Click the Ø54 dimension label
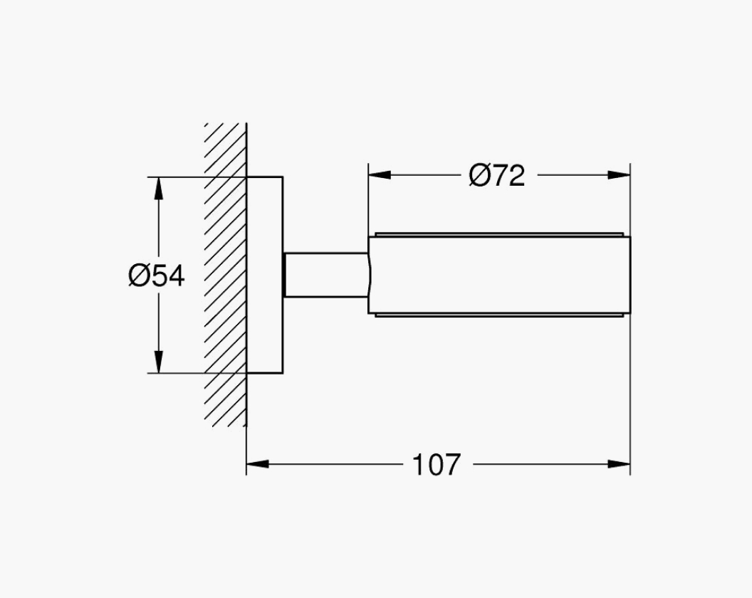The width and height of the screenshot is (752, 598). [157, 276]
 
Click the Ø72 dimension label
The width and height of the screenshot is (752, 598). [497, 175]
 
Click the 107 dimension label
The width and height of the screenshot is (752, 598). [437, 464]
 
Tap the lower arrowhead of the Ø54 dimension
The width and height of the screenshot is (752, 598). [159, 362]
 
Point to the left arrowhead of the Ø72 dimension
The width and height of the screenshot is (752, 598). [380, 175]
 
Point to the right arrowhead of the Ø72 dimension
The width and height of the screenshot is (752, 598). [619, 175]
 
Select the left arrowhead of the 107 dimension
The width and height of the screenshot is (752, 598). [258, 463]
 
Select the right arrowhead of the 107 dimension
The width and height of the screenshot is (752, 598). [619, 463]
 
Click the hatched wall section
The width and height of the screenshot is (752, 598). [226, 274]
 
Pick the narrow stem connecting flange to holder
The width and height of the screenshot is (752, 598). [326, 275]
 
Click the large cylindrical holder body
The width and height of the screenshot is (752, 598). [499, 276]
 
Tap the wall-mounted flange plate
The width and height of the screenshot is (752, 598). [265, 275]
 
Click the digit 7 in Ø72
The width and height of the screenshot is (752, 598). [501, 176]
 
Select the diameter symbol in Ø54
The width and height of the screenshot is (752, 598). [139, 276]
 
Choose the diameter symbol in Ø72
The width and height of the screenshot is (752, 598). [479, 176]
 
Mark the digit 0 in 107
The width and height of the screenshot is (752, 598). [437, 465]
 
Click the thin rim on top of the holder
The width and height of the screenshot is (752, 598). [499, 234]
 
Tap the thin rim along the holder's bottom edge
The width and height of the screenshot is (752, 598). [499, 315]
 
